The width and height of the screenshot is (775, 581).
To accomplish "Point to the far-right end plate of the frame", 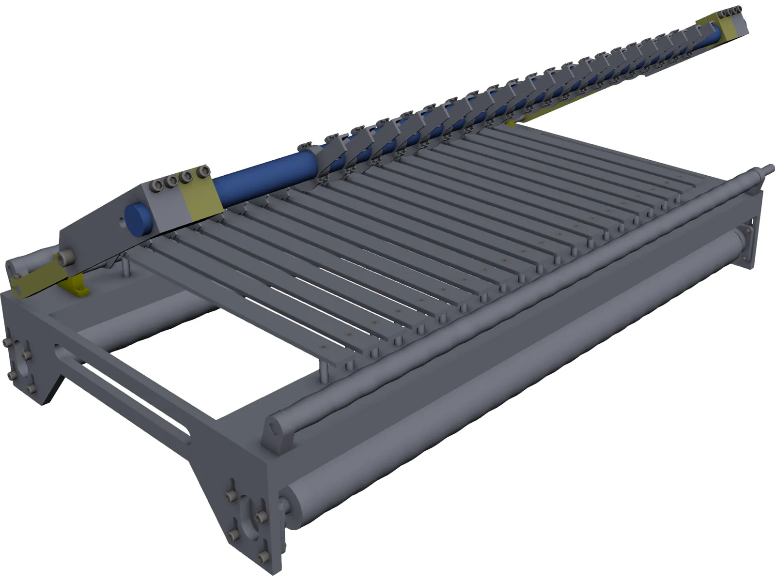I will coord(753,232).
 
